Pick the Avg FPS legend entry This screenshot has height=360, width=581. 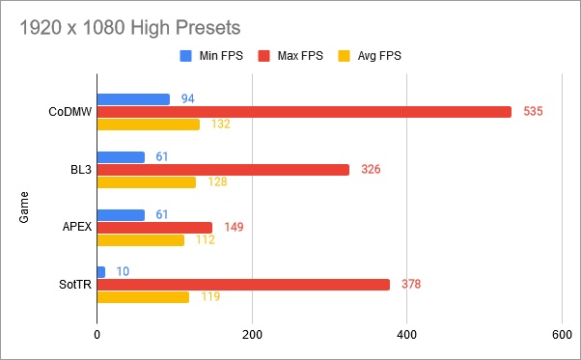pos(377,55)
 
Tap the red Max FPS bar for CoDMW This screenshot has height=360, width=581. pos(304,111)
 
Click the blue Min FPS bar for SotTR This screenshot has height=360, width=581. pos(101,271)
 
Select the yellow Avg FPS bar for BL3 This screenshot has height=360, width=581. pos(147,182)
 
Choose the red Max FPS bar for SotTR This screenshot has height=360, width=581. pos(243,285)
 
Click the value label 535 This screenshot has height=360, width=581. pos(533,111)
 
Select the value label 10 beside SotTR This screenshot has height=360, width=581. pos(123,271)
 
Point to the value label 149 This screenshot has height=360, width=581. pos(233,227)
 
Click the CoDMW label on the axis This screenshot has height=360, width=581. pos(69,112)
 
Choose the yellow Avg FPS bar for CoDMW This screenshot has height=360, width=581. pos(149,125)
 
